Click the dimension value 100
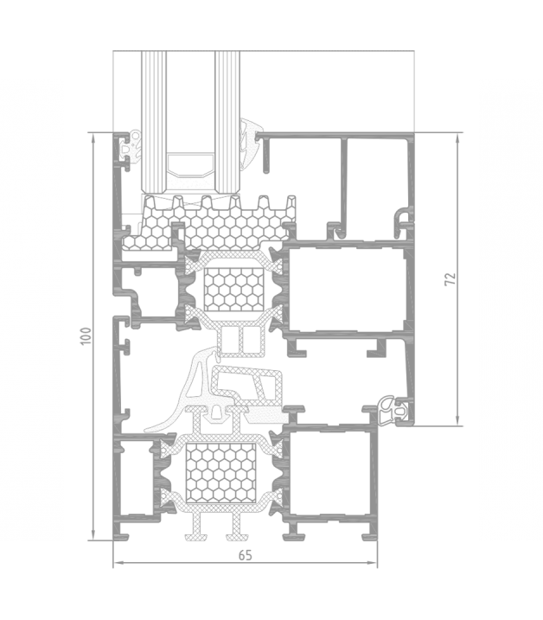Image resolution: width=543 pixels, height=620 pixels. [x=86, y=336]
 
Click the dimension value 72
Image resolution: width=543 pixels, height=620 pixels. [x=450, y=278]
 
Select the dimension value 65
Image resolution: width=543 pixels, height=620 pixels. [x=246, y=555]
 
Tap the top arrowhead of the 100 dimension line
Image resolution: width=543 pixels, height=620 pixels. [x=93, y=137]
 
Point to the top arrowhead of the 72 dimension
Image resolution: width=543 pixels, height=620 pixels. [x=457, y=138]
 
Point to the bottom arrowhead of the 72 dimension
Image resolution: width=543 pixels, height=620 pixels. [x=457, y=420]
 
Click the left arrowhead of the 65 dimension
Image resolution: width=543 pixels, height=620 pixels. [x=118, y=563]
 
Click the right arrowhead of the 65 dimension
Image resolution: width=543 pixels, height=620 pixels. [x=373, y=563]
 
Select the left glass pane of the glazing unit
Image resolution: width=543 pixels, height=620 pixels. [x=154, y=122]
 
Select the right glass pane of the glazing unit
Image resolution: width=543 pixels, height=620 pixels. [x=227, y=122]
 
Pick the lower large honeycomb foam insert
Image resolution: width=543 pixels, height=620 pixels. [x=220, y=472]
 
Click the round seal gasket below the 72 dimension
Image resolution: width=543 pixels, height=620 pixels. [x=391, y=412]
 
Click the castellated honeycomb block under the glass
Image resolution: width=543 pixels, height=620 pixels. [x=209, y=223]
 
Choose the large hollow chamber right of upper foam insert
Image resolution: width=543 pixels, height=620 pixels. [x=346, y=289]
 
